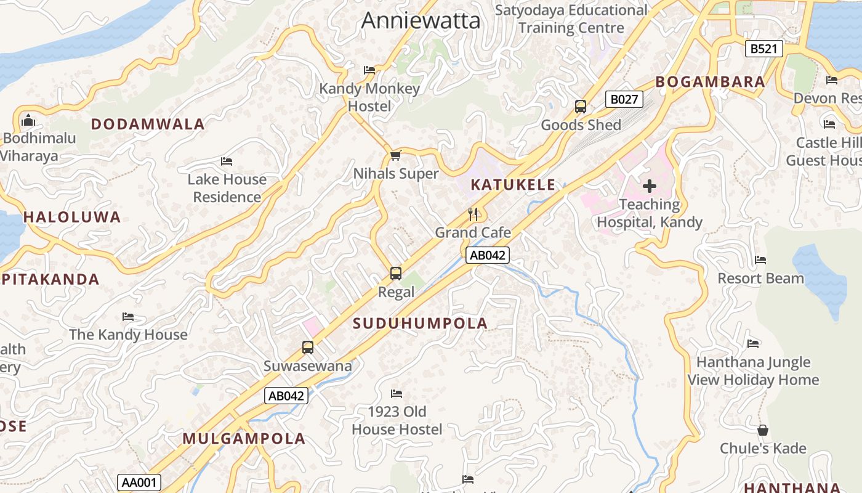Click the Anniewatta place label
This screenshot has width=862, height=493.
tap(421, 20)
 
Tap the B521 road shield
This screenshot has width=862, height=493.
tap(763, 49)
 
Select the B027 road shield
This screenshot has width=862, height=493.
tap(624, 99)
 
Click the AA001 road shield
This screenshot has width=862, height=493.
tap(139, 483)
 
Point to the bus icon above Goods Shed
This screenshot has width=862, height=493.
tap(581, 106)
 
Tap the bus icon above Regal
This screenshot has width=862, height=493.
tap(396, 273)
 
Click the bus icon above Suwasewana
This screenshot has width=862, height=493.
tap(308, 347)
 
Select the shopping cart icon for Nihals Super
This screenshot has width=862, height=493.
tap(396, 155)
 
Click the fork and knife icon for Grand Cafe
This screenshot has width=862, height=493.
tap(473, 214)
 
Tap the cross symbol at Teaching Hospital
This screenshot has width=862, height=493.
tap(650, 185)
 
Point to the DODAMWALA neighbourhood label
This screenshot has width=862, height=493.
tap(148, 124)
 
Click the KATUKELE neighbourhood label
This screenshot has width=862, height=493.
tap(513, 184)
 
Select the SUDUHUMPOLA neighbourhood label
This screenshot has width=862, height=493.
tap(420, 323)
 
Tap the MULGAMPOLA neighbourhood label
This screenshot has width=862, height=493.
tap(244, 439)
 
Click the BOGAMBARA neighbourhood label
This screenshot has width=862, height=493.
tap(710, 81)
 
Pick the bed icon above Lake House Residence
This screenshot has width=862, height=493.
tap(227, 161)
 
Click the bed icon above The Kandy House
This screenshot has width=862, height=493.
tap(128, 317)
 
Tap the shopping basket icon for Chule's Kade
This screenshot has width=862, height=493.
tap(763, 430)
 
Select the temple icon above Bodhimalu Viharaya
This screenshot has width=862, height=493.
tap(28, 120)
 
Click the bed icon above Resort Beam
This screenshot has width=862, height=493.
tap(760, 260)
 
